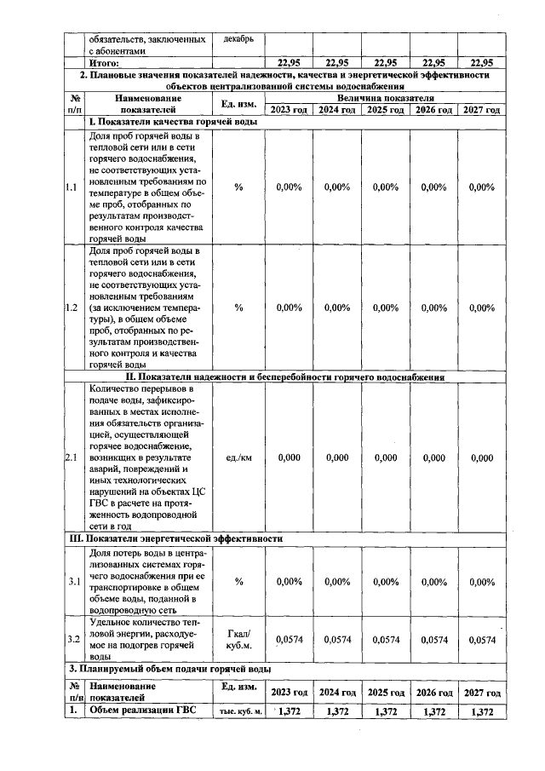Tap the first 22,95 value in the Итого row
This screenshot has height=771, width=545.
click(x=290, y=62)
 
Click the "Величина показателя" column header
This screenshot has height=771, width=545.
click(x=385, y=99)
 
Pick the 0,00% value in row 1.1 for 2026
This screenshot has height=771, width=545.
click(x=433, y=187)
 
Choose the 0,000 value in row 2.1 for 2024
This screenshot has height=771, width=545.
click(x=337, y=457)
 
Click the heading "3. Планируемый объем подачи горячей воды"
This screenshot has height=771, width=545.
click(x=170, y=668)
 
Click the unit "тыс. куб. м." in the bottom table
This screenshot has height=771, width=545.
click(x=238, y=712)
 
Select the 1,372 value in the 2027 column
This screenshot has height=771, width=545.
click(x=482, y=711)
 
